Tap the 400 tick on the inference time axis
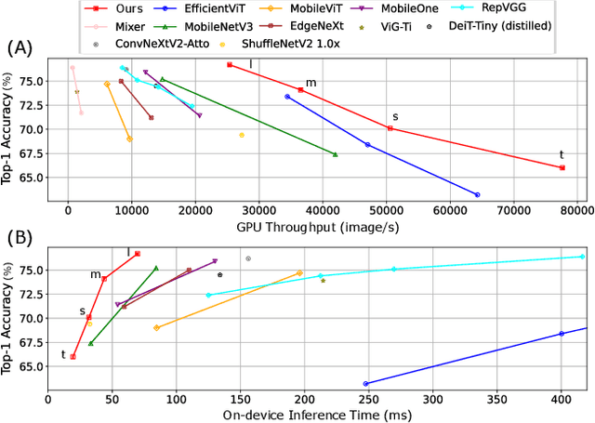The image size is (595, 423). pos(562,398)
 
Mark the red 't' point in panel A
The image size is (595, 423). pos(562,167)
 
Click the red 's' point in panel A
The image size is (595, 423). pos(390,128)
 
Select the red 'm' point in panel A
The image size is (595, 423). pos(300,90)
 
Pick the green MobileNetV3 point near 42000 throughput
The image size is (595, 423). pos(335,154)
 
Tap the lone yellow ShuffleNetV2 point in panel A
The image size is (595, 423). pos(242,135)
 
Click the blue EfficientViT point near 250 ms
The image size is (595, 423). pos(365,383)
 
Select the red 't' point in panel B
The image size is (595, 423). pos(73,357)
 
